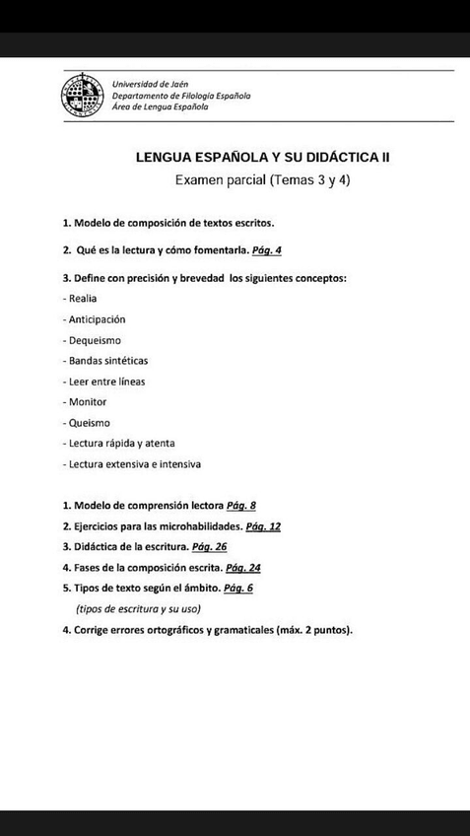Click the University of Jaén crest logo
pyautogui.click(x=82, y=97)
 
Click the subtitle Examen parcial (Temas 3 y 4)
pyautogui.click(x=262, y=180)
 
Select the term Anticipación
pyautogui.click(x=96, y=319)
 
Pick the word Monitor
pyautogui.click(x=86, y=402)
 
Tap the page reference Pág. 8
pyautogui.click(x=241, y=506)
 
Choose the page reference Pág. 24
pyautogui.click(x=242, y=568)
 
